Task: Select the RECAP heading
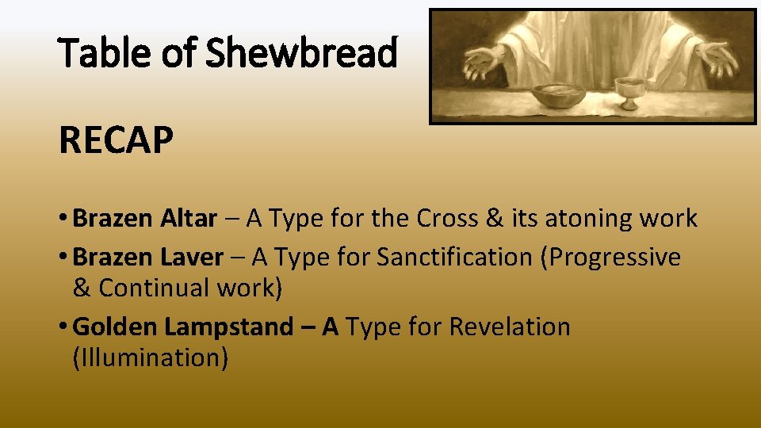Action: click(x=116, y=141)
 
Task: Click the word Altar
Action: click(x=188, y=218)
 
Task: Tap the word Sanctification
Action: click(x=455, y=257)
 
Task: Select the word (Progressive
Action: click(x=610, y=257)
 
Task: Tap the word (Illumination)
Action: click(x=151, y=357)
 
